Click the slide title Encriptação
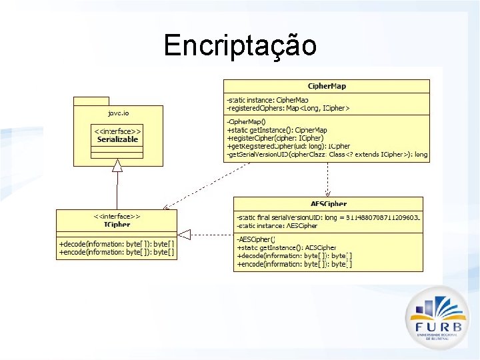pos(240,45)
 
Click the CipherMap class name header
pos(327,86)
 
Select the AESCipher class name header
pos(328,203)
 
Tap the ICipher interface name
pos(117,225)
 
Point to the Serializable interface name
pos(117,139)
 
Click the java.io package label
pos(118,114)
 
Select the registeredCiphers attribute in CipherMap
pos(288,107)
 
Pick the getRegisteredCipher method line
pos(288,146)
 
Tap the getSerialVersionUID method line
pos(327,154)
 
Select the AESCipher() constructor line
pos(256,239)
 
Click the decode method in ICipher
pos(117,244)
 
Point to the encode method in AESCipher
pos(294,264)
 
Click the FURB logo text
pos(437,327)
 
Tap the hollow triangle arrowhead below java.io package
pos(117,165)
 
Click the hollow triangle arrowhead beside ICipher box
pos(185,234)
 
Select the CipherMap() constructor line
pos(246,122)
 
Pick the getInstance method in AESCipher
pos(287,247)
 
